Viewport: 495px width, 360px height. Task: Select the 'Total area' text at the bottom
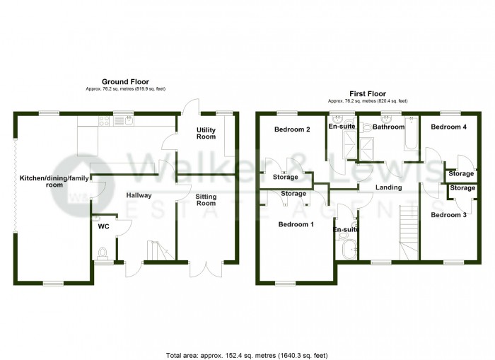[x=247, y=354]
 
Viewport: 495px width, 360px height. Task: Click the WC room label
[x=103, y=228]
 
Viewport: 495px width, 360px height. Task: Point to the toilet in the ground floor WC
[x=104, y=252]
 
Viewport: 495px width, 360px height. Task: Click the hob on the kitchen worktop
[x=105, y=121]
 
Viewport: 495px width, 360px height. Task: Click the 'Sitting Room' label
[x=205, y=199]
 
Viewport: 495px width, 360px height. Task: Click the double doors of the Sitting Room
[x=205, y=269]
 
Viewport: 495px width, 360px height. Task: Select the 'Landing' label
[x=388, y=187]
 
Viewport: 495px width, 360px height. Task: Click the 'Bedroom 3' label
[x=448, y=214]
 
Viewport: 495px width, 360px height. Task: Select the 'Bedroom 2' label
[x=293, y=129]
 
